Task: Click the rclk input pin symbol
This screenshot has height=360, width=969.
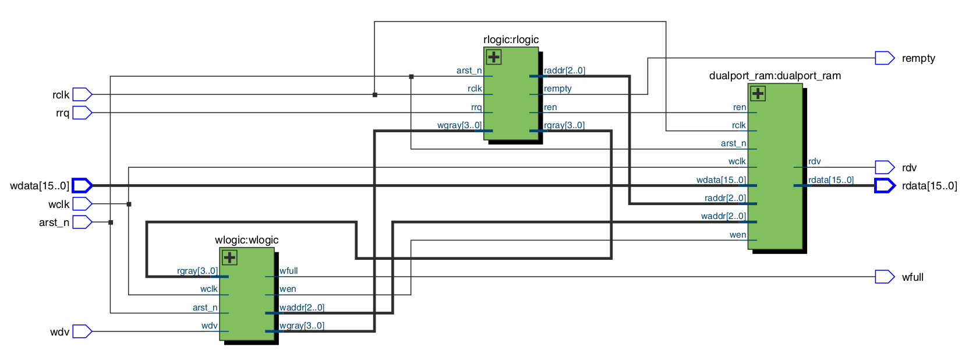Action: click(82, 94)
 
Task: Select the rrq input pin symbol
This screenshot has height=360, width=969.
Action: click(82, 113)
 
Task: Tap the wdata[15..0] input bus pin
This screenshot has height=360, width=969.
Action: click(82, 186)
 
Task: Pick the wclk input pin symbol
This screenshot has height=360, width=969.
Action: click(82, 204)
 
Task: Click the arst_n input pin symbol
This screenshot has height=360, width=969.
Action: click(82, 222)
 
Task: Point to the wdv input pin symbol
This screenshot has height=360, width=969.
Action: click(82, 331)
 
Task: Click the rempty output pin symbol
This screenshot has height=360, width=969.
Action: click(884, 58)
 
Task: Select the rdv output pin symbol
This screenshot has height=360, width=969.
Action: click(884, 167)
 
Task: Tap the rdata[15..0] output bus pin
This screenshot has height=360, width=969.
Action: click(884, 186)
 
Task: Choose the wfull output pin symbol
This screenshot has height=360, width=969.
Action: click(884, 277)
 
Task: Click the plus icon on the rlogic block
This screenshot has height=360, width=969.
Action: click(494, 57)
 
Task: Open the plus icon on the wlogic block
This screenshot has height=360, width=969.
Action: click(229, 257)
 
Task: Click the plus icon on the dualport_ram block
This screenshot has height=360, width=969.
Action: click(758, 93)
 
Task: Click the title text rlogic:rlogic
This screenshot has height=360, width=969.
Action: click(511, 40)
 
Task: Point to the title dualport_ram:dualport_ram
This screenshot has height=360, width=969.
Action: click(775, 76)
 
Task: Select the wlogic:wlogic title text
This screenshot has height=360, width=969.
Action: click(246, 240)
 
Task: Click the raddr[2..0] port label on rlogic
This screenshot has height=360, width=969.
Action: click(564, 70)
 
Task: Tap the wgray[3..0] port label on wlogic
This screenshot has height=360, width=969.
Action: click(302, 326)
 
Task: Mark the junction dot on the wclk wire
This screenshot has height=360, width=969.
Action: click(129, 204)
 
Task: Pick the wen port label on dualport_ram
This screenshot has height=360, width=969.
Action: click(737, 235)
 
